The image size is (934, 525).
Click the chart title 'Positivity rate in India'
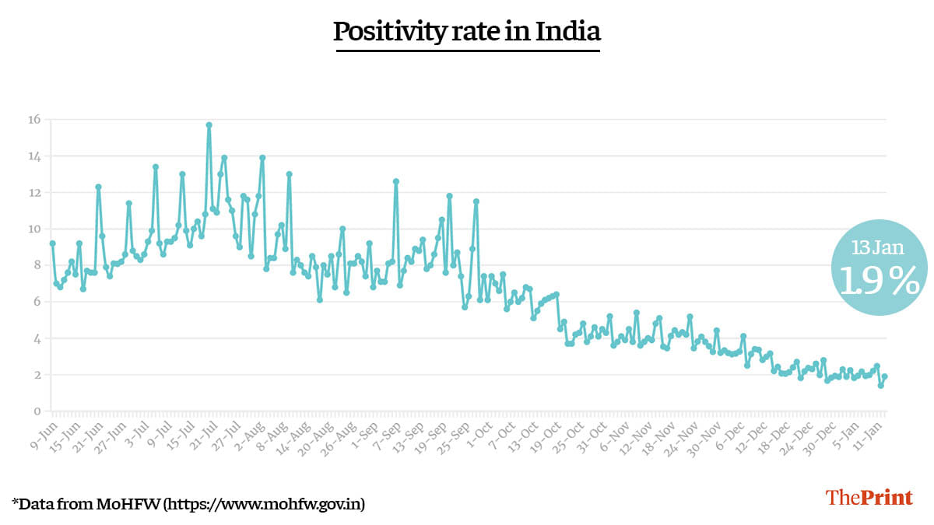pyautogui.click(x=467, y=32)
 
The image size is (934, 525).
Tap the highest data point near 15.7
pyautogui.click(x=209, y=124)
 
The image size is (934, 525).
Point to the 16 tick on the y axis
pyautogui.click(x=34, y=120)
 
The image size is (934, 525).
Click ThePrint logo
pyautogui.click(x=869, y=498)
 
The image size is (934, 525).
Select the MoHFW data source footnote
pyautogui.click(x=188, y=503)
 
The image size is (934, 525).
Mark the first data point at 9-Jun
pyautogui.click(x=52, y=243)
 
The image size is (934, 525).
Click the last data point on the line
pyautogui.click(x=885, y=376)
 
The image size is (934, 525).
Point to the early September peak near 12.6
pyautogui.click(x=395, y=181)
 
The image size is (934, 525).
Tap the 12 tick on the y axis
pyautogui.click(x=34, y=192)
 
